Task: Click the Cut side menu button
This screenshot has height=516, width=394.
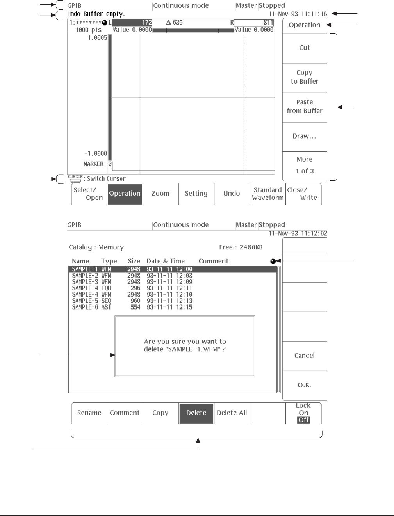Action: click(305, 48)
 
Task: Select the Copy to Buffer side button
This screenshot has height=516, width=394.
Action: click(305, 77)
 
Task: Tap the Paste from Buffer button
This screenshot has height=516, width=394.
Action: click(305, 106)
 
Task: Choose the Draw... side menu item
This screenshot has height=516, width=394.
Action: click(305, 136)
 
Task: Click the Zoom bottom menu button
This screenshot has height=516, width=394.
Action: click(160, 194)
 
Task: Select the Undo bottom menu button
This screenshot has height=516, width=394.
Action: click(232, 194)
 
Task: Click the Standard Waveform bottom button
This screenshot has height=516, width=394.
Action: click(268, 194)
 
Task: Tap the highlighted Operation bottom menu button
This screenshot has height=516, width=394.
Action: click(125, 194)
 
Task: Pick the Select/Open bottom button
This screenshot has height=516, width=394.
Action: click(89, 194)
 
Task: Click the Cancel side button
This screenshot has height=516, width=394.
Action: click(305, 356)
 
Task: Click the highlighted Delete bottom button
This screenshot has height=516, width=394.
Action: click(196, 413)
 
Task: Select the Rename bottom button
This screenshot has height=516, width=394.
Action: click(89, 413)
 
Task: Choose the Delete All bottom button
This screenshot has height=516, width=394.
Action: click(232, 413)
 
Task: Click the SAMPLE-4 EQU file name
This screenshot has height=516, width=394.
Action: click(85, 288)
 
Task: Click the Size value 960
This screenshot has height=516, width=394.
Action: click(135, 301)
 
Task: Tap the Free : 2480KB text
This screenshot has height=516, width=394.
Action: click(241, 247)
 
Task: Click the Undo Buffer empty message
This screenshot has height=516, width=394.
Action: click(96, 14)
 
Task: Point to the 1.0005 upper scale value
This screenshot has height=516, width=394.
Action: click(97, 38)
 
